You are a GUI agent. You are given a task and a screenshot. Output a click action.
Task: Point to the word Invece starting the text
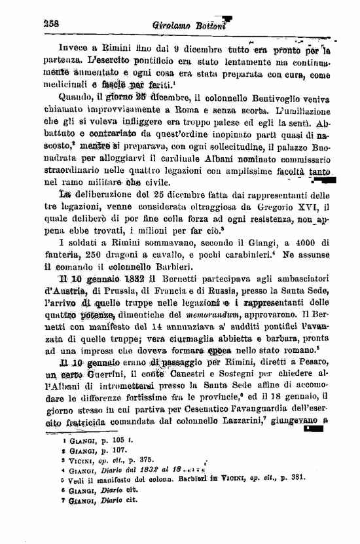[74, 48]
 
